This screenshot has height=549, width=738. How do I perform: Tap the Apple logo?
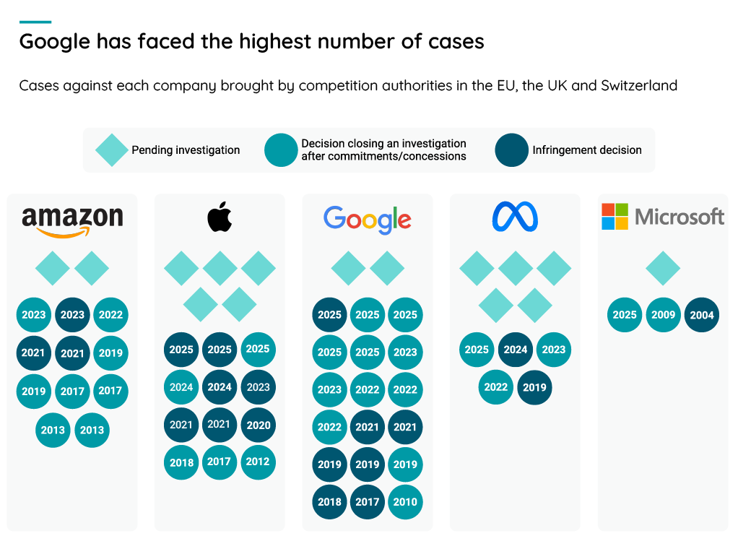(220, 217)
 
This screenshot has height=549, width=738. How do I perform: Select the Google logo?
(368, 220)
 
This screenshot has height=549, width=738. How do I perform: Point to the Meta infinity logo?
(515, 217)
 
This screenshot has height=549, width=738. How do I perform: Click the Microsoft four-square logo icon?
(615, 217)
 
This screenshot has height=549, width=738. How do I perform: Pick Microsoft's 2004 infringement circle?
(702, 315)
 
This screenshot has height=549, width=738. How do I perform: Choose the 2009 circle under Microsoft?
(664, 315)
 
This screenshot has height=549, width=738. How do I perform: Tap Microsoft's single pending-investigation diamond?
(663, 269)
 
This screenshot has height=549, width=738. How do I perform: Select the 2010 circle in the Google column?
(405, 502)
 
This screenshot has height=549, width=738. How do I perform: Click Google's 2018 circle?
(329, 502)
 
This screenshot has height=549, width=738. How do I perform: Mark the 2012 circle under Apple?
(258, 462)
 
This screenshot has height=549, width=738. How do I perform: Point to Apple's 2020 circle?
(258, 425)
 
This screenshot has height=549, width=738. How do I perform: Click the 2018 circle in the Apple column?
(181, 462)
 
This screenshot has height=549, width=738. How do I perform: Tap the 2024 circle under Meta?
(516, 350)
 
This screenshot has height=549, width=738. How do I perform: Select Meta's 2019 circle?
(534, 387)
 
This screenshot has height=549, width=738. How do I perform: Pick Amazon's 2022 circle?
(110, 315)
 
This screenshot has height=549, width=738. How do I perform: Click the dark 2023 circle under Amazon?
(72, 315)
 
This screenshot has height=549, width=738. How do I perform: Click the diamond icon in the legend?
(112, 150)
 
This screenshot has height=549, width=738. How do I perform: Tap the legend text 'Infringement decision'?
(587, 150)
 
